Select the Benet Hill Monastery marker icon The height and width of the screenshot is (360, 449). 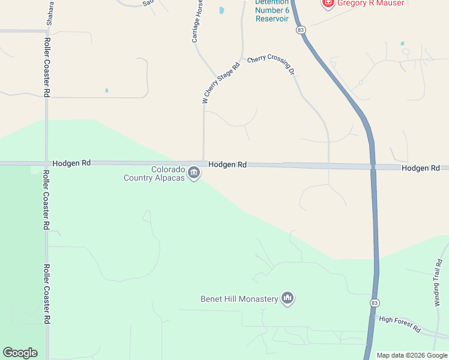click(288, 298)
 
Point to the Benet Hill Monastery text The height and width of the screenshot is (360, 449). click(239, 299)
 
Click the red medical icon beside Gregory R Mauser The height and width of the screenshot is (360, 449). click(328, 3)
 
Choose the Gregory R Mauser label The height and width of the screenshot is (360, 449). click(370, 3)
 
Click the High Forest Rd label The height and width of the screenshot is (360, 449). click(400, 325)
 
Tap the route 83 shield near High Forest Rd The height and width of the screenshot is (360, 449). click(374, 302)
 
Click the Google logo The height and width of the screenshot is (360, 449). click(20, 353)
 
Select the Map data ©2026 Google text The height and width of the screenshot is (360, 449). click(412, 355)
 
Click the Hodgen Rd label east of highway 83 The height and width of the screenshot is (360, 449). click(421, 168)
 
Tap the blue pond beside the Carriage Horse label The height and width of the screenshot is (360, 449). click(221, 10)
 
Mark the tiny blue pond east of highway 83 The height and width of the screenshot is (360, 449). click(402, 43)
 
